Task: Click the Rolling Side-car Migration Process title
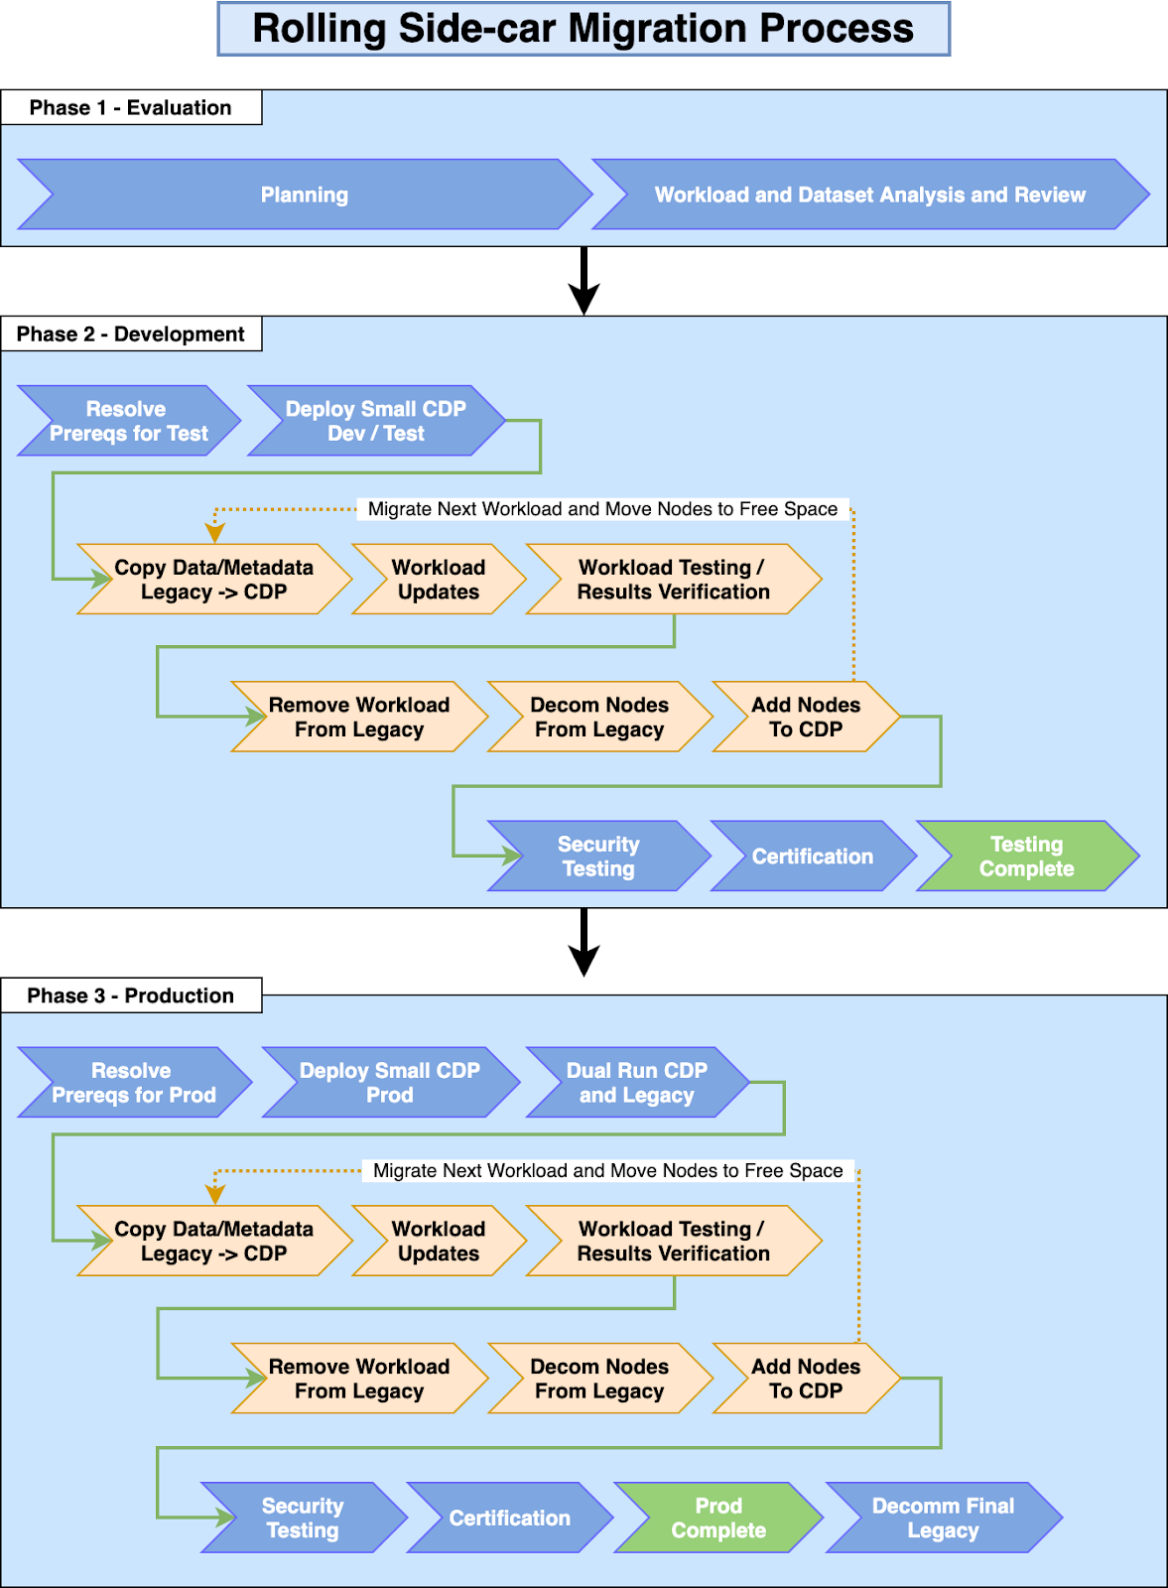(584, 29)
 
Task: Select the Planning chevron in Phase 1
(304, 195)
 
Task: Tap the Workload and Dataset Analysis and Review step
(869, 195)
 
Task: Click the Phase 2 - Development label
(130, 333)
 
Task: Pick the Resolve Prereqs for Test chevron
(128, 421)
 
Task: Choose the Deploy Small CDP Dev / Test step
(375, 421)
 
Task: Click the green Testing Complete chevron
(1026, 856)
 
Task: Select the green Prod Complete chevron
(717, 1518)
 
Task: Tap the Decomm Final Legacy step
(943, 1518)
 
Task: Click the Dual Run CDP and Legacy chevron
(636, 1083)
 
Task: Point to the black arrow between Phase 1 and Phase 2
(584, 282)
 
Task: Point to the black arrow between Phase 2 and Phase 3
(584, 943)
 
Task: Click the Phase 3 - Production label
(130, 995)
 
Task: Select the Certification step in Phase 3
(509, 1518)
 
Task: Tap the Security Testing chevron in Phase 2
(597, 856)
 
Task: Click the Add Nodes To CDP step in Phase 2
(805, 717)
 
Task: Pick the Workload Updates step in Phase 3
(438, 1241)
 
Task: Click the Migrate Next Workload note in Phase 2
(602, 509)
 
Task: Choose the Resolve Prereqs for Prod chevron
(133, 1083)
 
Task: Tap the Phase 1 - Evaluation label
(130, 107)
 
